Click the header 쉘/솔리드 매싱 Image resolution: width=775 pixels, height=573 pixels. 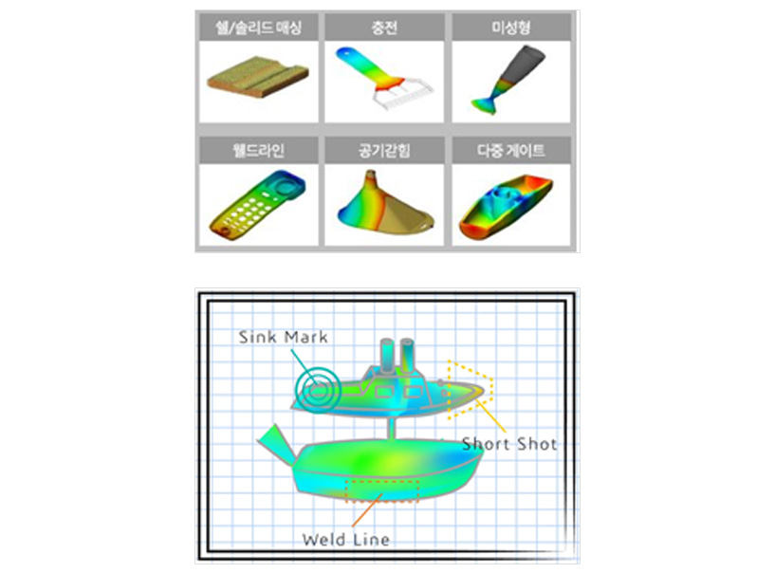tap(259, 28)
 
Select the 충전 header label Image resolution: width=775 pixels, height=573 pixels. tap(384, 28)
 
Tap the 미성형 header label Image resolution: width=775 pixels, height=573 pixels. tap(511, 28)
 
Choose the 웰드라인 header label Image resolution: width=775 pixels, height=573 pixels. tap(259, 150)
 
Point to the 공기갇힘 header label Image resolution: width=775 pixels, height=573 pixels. tap(384, 150)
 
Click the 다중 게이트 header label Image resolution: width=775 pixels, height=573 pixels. tap(511, 150)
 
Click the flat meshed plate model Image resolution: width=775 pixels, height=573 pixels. tap(258, 77)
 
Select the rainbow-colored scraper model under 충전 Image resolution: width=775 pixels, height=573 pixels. tap(383, 77)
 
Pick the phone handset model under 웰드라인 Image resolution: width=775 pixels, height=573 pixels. tap(258, 205)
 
